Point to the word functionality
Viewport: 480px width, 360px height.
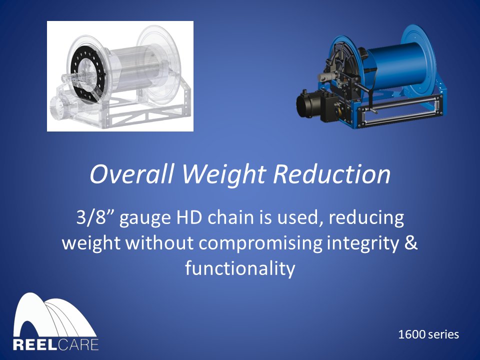click(x=240, y=268)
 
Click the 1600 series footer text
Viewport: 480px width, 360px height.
click(x=428, y=334)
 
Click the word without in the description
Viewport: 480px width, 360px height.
click(x=159, y=243)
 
